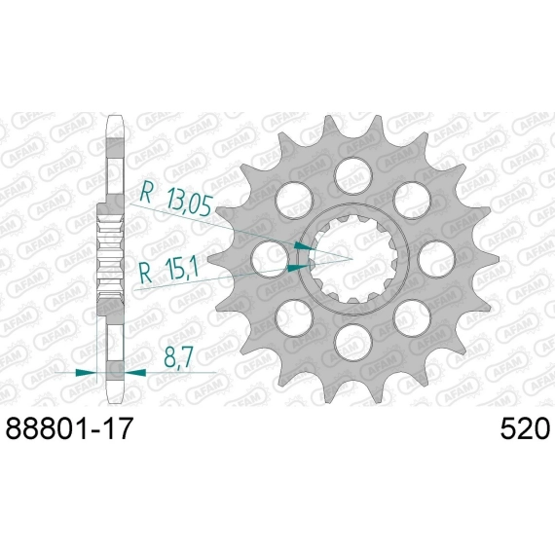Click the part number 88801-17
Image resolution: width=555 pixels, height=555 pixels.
(x=69, y=428)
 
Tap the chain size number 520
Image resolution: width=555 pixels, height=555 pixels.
(x=525, y=428)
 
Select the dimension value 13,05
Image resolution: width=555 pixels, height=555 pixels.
(x=189, y=202)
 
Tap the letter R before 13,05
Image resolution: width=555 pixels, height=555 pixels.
(x=146, y=192)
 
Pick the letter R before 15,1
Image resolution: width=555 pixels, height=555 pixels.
(x=145, y=273)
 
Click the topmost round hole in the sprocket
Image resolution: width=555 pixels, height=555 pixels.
(x=353, y=175)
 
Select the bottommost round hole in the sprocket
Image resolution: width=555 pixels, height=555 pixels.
(x=353, y=343)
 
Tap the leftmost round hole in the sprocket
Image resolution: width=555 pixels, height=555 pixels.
(x=270, y=259)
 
